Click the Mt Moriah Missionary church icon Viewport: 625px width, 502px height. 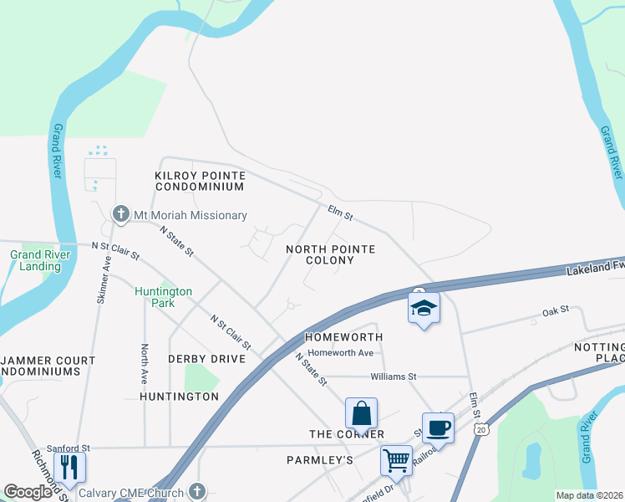tap(121, 214)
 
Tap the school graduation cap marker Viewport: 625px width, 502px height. tap(424, 307)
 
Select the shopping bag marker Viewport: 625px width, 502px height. tap(361, 412)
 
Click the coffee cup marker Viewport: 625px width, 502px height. tap(438, 428)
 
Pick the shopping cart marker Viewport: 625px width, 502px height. tap(396, 458)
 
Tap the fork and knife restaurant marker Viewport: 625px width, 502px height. tap(69, 466)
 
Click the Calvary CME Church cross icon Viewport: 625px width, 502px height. tap(197, 492)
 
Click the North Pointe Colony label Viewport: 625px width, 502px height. tap(330, 254)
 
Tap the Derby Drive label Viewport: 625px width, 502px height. tap(206, 358)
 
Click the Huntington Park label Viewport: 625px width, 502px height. tap(164, 297)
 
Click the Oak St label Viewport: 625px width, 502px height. tap(555, 310)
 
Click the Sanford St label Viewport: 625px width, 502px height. tap(68, 448)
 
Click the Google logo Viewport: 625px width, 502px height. tap(28, 492)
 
